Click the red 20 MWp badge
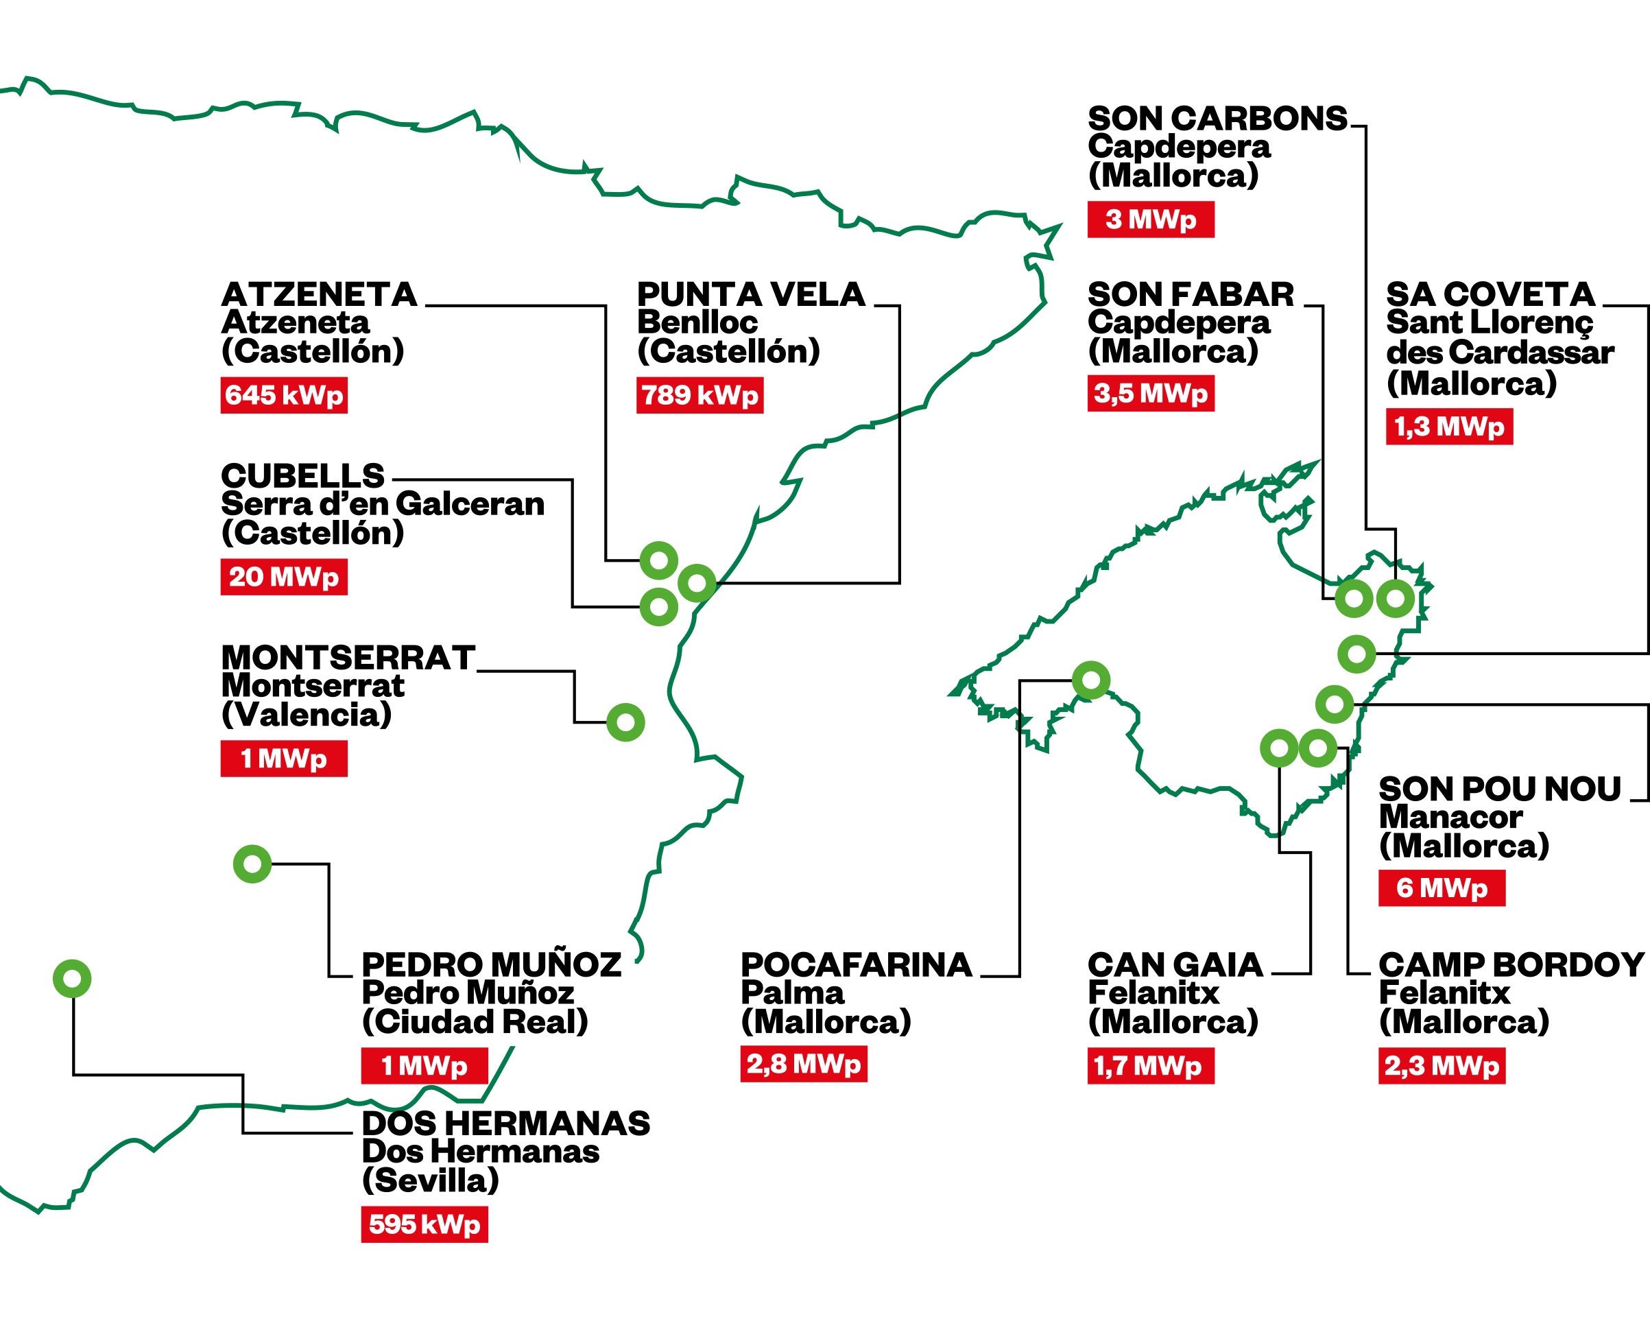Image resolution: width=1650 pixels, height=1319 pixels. [283, 576]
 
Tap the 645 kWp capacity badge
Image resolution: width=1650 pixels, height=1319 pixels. [283, 395]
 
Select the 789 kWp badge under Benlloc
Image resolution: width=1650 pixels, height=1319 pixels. [700, 395]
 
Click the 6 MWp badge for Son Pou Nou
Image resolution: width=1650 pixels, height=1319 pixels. [1441, 888]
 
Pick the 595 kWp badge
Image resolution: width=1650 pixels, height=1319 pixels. [424, 1224]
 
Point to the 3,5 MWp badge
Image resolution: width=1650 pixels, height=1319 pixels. [1150, 394]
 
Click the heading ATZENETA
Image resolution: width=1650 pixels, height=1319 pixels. [319, 295]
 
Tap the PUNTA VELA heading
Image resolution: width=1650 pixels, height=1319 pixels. [751, 295]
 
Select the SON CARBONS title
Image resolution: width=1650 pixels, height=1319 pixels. [1217, 119]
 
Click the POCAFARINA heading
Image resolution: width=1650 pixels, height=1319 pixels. [856, 965]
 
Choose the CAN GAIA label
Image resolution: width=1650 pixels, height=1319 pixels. [1175, 965]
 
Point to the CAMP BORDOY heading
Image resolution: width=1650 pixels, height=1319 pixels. [1511, 965]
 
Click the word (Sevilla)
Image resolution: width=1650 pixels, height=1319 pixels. [430, 1180]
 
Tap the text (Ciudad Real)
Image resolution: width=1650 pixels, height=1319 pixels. [475, 1022]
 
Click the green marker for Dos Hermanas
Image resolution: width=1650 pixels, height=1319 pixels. [72, 978]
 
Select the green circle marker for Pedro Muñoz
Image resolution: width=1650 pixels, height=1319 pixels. [252, 864]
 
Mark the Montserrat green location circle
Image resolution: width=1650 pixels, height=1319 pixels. [625, 722]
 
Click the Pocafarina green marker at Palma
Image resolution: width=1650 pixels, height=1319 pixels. [1090, 680]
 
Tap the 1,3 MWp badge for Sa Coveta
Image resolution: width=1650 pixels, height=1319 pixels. [1449, 427]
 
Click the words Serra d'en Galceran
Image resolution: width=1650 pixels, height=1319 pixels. [383, 504]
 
